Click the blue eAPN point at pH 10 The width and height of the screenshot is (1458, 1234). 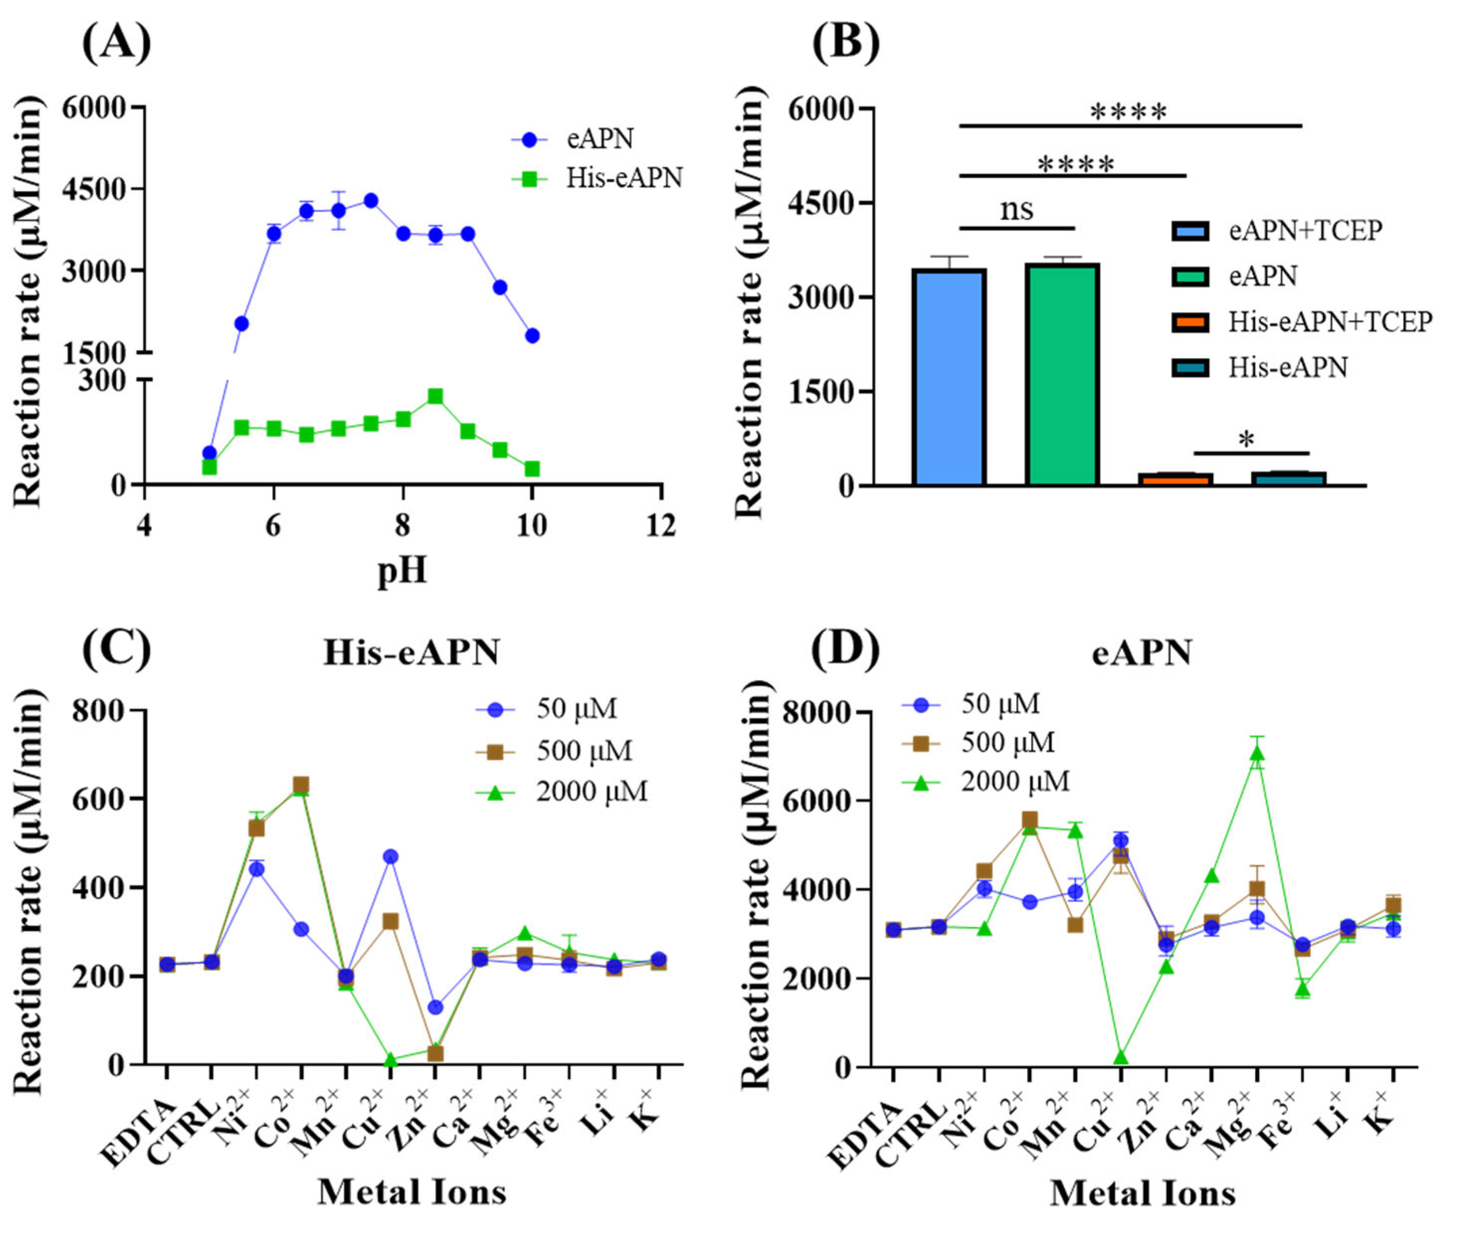532,336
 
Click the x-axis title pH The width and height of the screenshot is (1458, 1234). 402,570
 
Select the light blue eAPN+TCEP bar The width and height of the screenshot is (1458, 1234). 949,378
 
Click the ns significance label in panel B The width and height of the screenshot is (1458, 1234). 1016,208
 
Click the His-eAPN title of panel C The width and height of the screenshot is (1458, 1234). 411,653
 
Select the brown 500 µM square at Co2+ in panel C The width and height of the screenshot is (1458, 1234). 301,785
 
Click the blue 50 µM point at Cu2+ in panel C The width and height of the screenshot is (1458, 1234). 390,856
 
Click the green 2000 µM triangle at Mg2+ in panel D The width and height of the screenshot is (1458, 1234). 1257,753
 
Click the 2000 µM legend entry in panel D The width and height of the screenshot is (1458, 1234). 1014,782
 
